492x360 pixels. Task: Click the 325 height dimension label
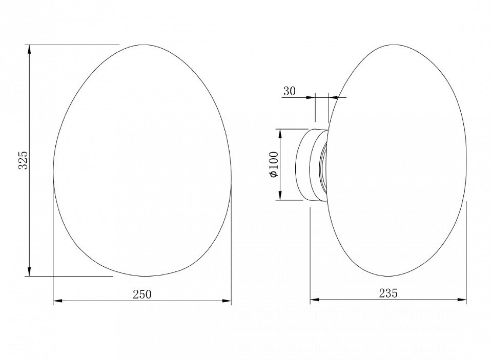tap(24, 160)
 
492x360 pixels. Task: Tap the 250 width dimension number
tap(142, 294)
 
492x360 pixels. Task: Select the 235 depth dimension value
tap(388, 293)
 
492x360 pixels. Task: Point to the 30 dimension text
tap(290, 91)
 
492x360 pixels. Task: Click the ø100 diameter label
tap(274, 164)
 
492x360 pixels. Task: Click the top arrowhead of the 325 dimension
tap(30, 49)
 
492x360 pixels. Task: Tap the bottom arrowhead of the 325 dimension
tap(30, 271)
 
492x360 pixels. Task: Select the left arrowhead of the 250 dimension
tap(57, 301)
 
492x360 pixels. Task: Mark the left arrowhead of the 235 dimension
tap(315, 300)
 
